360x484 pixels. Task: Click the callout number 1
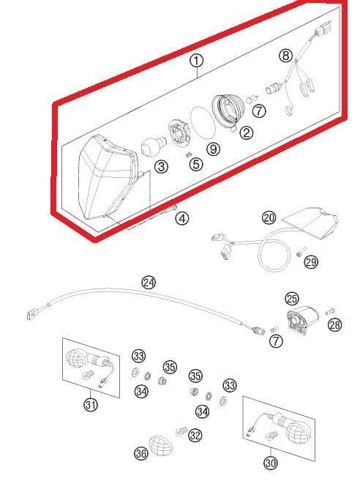coord(197,61)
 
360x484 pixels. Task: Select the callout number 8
coord(285,56)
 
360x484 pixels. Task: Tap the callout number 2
coord(246,133)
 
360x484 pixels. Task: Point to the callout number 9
coord(213,149)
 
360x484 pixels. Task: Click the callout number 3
coord(161,167)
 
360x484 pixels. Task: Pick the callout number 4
coord(182,218)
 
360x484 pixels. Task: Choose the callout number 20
coord(269,217)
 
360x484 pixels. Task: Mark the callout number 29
coord(311,262)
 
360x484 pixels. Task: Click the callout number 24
coord(149,283)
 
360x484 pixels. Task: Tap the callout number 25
coord(292,298)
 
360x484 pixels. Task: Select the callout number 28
coord(335,324)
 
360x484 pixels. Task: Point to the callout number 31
coord(91,404)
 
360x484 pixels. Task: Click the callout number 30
coord(271,463)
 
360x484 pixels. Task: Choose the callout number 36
coord(141,454)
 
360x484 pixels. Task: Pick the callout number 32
coord(195,436)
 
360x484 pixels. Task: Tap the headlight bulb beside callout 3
coord(154,146)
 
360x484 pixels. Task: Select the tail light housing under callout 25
coord(302,319)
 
